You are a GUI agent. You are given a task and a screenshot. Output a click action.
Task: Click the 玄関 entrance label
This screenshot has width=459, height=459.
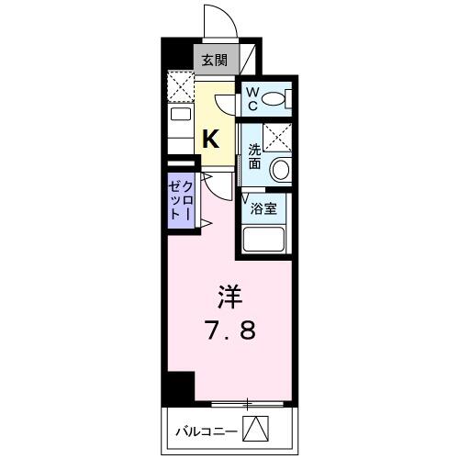pos(217,62)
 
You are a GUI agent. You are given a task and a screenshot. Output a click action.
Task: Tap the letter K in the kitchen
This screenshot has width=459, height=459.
pos(211,139)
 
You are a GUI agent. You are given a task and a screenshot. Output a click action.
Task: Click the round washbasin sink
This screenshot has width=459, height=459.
pos(280,171)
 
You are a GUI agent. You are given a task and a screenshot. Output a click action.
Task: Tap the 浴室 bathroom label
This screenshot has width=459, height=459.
pos(265,207)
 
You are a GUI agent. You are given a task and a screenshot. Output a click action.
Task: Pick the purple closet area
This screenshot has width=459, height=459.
pos(180,197)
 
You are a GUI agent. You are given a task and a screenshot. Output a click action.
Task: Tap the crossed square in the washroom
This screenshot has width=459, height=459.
pos(276,138)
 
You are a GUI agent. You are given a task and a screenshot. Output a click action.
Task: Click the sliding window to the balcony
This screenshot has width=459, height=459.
pos(248,403)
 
